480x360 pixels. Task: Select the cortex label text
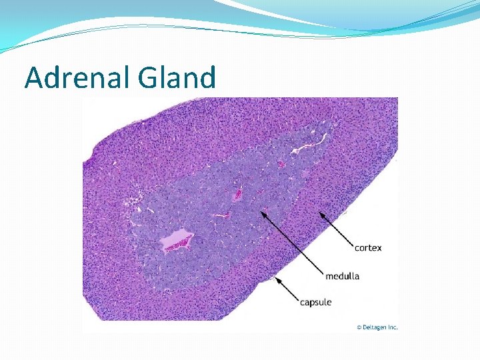(368, 247)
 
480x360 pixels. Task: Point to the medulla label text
(342, 275)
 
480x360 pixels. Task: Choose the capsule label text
(315, 303)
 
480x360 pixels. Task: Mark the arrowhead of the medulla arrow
(265, 211)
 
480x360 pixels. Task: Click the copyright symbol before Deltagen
(359, 327)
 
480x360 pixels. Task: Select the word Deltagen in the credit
(375, 327)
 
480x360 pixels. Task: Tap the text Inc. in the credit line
(393, 327)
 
